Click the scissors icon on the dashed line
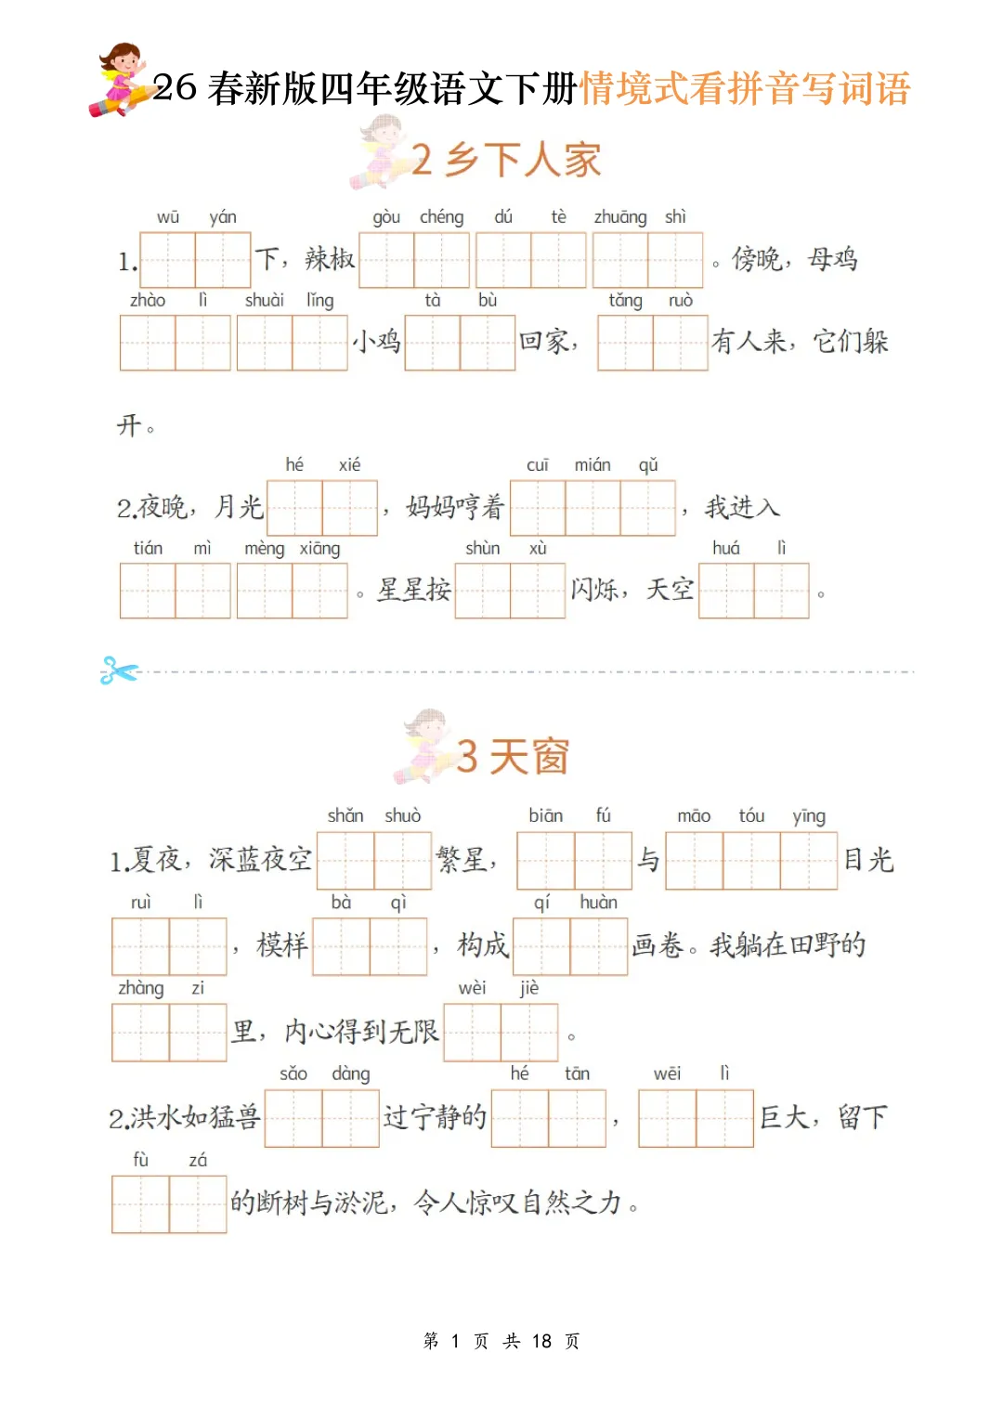119,670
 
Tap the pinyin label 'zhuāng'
619,217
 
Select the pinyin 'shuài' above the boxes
264,300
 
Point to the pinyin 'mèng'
264,549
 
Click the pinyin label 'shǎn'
345,815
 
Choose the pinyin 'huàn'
598,903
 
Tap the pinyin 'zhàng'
140,988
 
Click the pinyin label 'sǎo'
293,1073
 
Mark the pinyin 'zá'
198,1160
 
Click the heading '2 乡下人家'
506,160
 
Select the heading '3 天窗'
513,757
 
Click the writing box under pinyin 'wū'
167,260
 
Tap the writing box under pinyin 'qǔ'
647,508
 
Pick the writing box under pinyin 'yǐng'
809,861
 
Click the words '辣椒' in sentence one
330,259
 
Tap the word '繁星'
462,860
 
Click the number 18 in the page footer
541,1341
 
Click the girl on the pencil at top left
121,79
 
